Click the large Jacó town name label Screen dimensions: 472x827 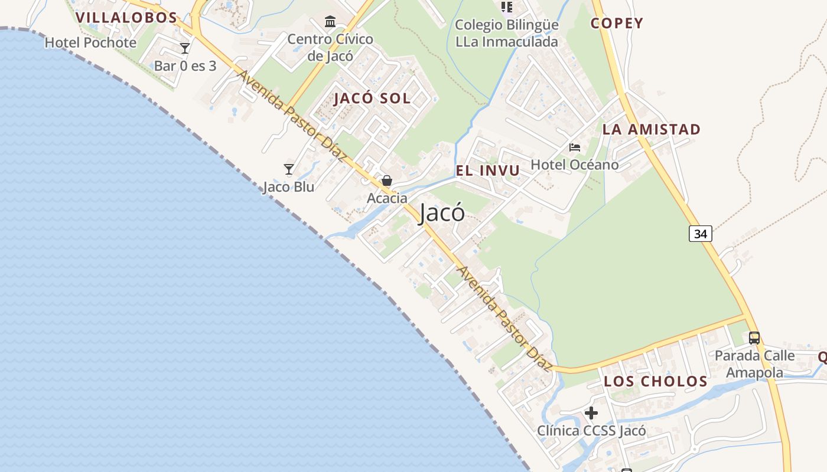coord(442,213)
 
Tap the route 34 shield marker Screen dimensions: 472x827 coord(700,234)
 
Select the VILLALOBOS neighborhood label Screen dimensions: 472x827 coord(127,18)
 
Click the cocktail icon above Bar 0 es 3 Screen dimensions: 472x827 coord(185,48)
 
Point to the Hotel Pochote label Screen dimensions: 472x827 coord(90,42)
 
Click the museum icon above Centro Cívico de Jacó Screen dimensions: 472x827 coord(330,22)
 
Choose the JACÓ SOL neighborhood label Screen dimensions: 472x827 coord(372,99)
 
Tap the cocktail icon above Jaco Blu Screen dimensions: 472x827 coord(289,170)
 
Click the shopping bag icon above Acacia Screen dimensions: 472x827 coord(387,181)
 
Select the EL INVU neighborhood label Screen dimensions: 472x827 coord(488,171)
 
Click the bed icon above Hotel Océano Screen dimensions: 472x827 coord(575,147)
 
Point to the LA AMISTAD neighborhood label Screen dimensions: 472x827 coord(652,130)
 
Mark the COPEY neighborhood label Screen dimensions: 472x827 coord(617,24)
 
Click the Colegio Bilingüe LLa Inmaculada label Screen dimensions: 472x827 coord(507,34)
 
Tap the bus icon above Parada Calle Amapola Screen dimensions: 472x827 coord(754,338)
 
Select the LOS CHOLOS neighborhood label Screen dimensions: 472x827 coord(656,382)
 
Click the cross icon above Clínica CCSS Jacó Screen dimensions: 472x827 coord(591,413)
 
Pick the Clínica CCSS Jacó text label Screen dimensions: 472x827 coord(591,431)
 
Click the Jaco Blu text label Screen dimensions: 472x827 coord(289,187)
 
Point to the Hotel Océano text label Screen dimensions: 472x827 coord(575,165)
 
